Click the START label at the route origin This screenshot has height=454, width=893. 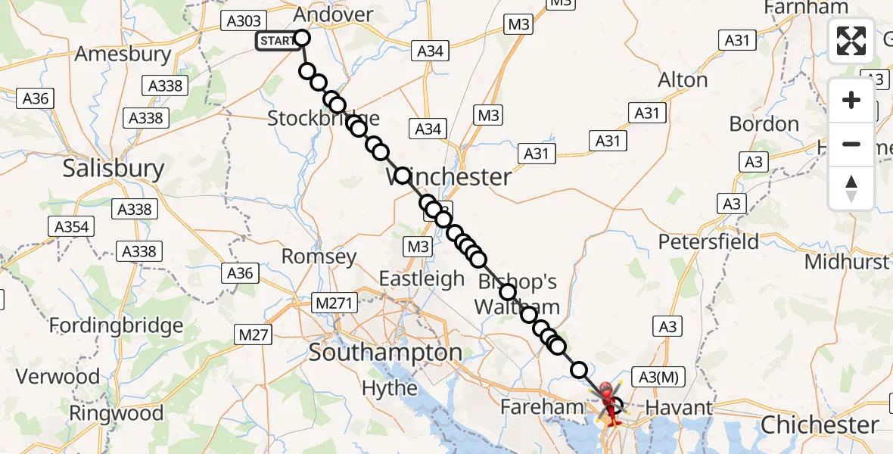pos(277,41)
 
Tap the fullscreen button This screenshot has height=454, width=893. pos(851,40)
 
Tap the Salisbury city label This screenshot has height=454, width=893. pos(114,168)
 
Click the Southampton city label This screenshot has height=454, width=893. pos(385,353)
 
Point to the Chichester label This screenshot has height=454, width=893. pos(820,424)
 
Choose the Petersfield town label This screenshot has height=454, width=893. pos(708,241)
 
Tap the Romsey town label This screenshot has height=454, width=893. pos(319,257)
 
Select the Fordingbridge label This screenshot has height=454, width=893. pos(117,326)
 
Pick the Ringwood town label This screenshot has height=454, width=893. pos(116,413)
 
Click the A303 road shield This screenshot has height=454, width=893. pos(244,22)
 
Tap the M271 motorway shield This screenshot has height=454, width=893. pos(334,303)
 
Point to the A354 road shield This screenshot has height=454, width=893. pos(72,226)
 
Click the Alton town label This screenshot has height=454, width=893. pos(683,79)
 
